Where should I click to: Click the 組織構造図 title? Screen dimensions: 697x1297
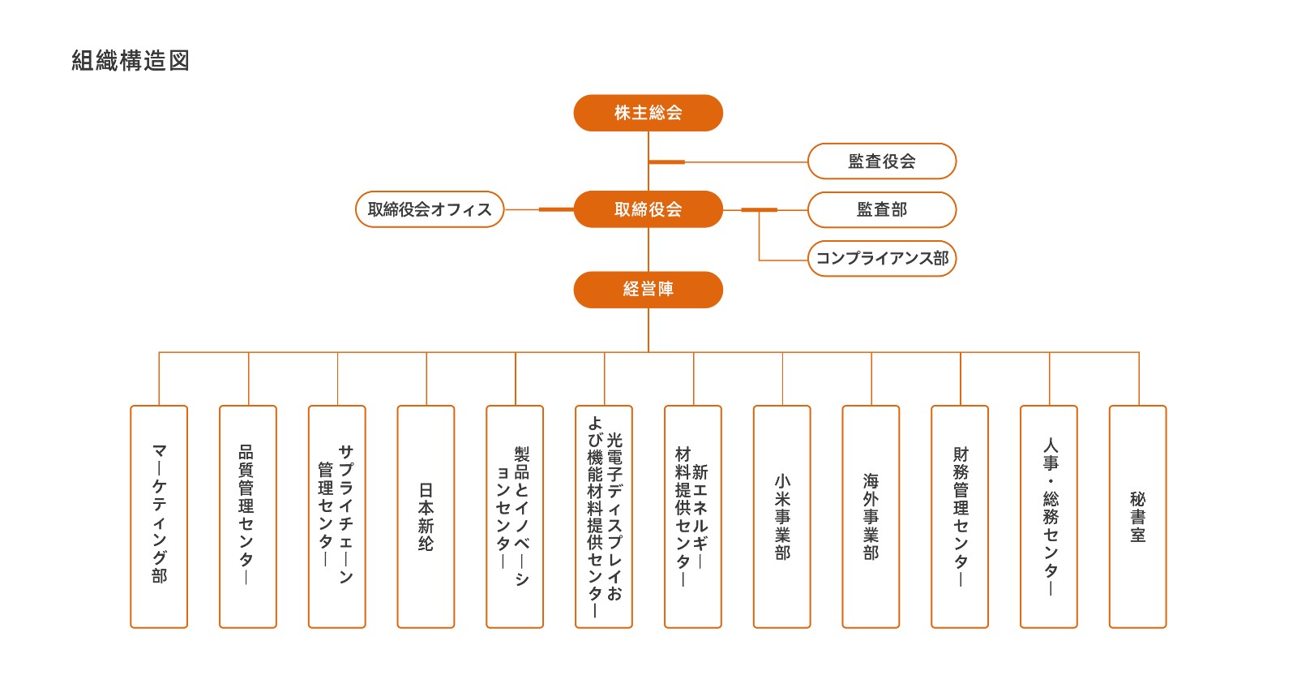tap(131, 61)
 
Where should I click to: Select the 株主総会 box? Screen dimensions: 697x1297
tap(648, 113)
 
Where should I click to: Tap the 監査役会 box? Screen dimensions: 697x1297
tap(882, 161)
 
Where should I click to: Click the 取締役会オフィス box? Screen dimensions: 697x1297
tap(430, 209)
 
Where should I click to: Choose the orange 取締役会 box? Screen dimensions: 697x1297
tap(648, 209)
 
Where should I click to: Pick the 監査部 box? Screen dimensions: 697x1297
tap(882, 209)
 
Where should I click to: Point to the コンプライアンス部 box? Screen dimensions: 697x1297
tap(882, 258)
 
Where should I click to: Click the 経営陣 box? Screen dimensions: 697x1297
tap(648, 290)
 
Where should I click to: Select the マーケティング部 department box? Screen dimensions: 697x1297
tap(159, 516)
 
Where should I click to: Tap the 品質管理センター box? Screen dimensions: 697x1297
tap(248, 516)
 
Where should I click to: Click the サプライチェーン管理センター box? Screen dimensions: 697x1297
tap(337, 516)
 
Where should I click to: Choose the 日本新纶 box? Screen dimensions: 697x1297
tap(426, 516)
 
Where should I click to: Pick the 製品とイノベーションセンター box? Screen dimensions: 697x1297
tap(515, 516)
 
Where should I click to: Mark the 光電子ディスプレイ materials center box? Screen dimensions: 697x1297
tap(604, 516)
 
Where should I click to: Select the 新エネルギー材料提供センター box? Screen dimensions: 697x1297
tap(693, 516)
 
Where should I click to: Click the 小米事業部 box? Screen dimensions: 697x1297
tap(782, 516)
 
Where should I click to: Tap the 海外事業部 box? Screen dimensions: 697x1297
tap(871, 516)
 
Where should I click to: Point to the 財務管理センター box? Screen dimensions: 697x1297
tap(960, 516)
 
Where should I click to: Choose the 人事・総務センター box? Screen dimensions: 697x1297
tap(1049, 516)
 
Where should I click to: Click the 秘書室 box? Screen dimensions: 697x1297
tap(1137, 516)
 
